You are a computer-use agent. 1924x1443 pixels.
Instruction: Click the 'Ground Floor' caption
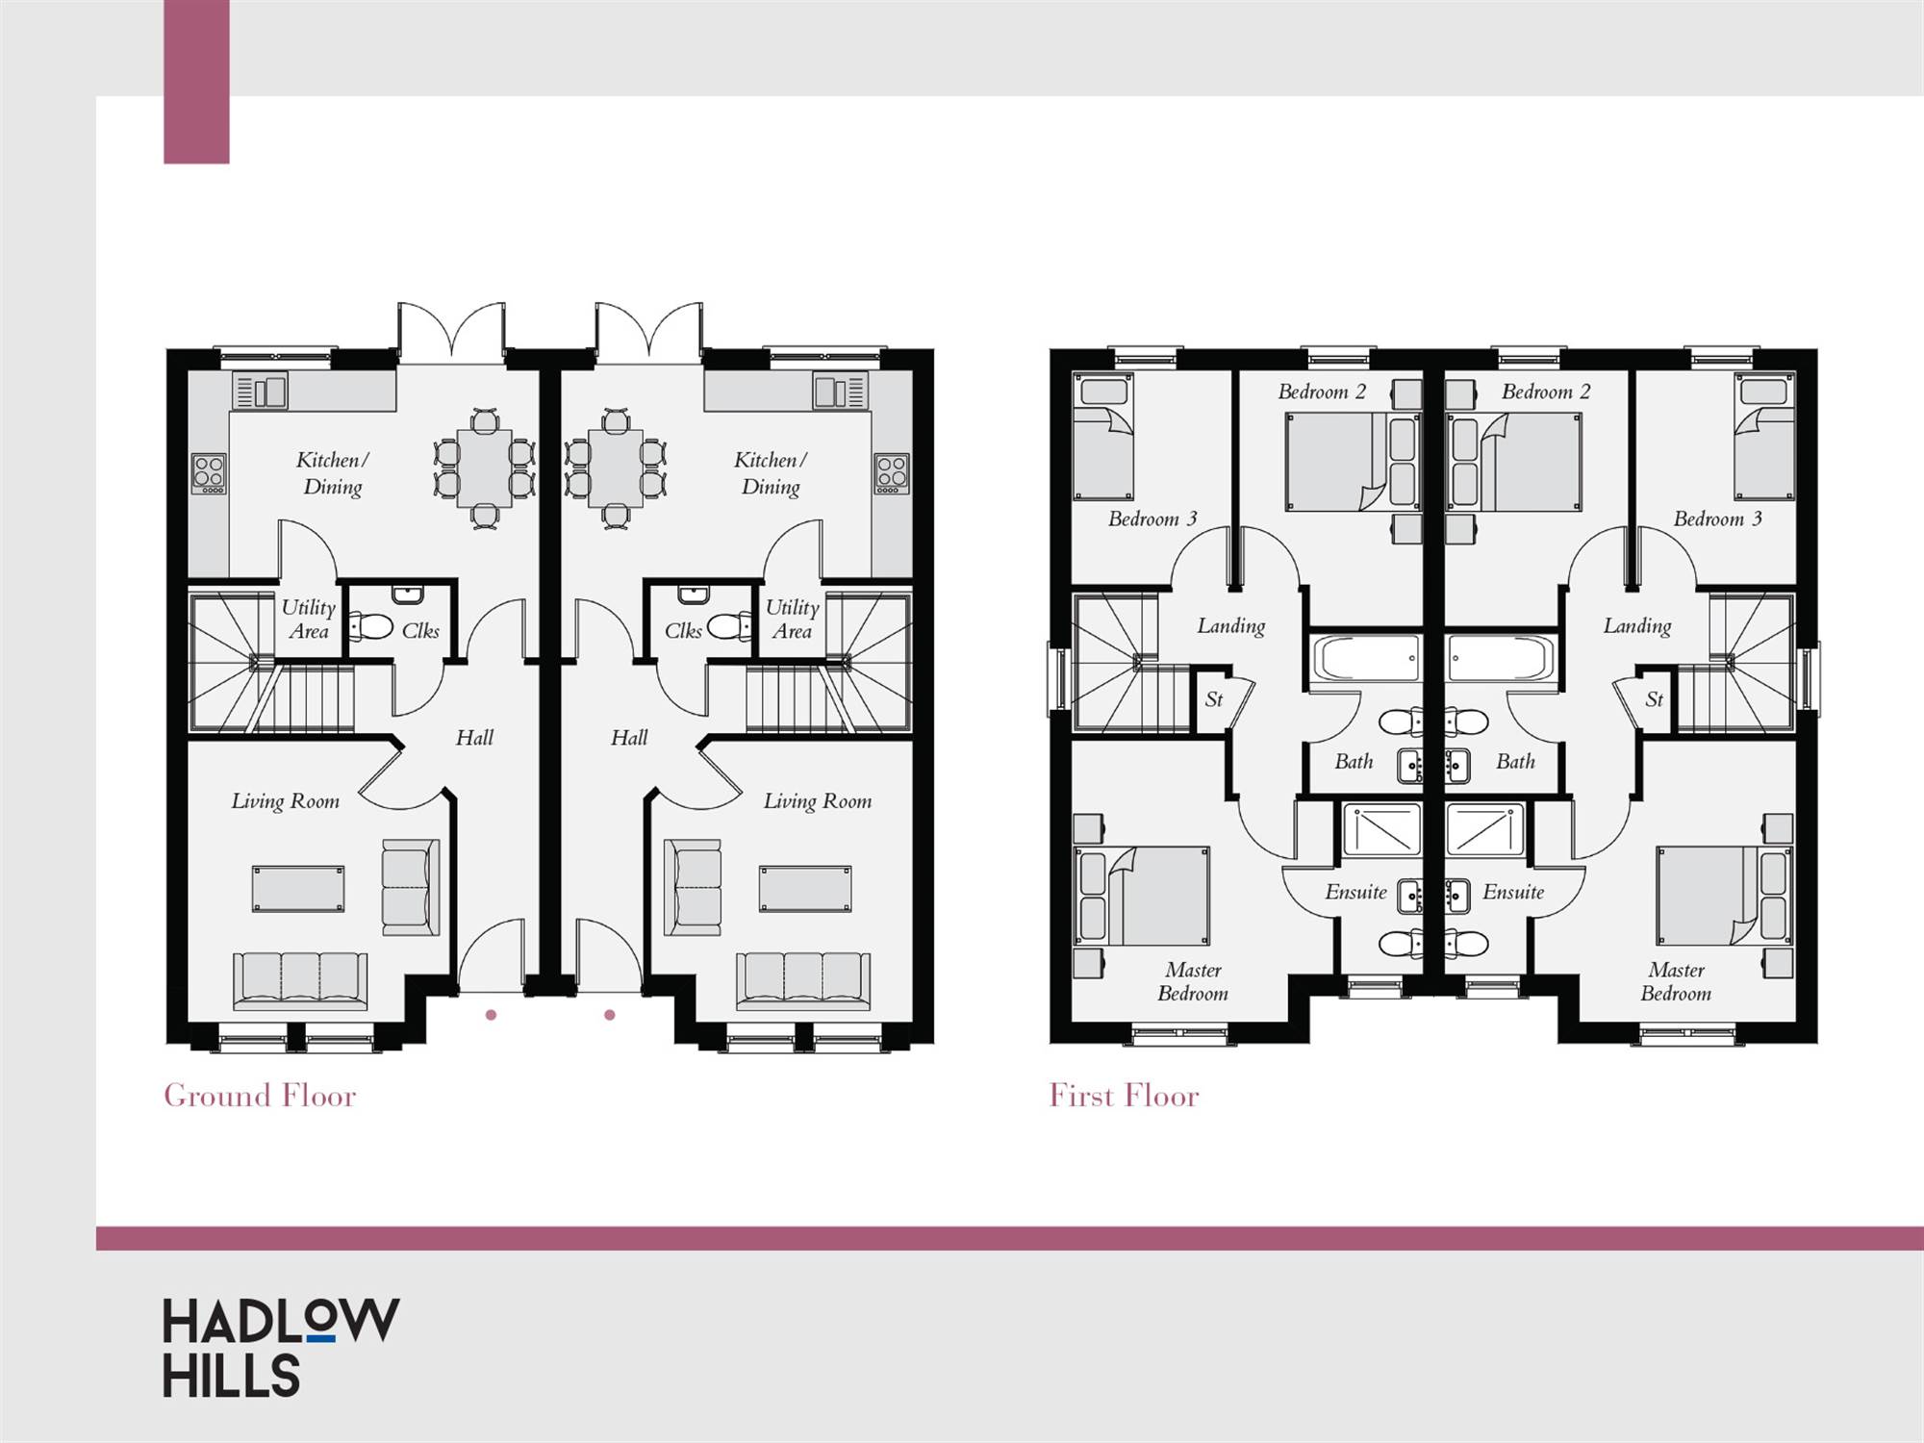[260, 1096]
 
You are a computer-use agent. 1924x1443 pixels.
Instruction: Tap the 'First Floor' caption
[1124, 1096]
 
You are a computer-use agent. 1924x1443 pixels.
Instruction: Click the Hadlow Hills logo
[280, 1348]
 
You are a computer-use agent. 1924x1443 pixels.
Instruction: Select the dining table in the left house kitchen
[484, 468]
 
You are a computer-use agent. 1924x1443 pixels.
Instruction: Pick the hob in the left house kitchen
[209, 473]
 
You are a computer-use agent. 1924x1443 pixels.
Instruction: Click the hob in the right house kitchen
[892, 473]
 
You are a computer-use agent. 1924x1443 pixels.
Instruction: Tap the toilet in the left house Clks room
[370, 627]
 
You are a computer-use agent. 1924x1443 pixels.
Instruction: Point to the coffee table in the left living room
[298, 888]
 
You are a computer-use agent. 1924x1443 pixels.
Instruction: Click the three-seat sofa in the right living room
[803, 980]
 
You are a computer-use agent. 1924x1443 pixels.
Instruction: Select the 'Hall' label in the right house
[629, 738]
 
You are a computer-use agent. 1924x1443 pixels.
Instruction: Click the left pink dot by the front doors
[491, 1015]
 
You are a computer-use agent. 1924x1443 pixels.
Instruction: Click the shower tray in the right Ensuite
[1484, 829]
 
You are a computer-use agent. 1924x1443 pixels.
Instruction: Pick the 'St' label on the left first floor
[1213, 699]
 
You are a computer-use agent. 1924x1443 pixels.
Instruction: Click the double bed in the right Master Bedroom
[1724, 896]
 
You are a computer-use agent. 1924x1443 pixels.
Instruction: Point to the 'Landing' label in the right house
[1637, 626]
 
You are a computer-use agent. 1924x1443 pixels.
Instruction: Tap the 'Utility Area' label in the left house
[309, 620]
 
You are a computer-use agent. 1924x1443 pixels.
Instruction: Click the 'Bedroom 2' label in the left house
[1322, 392]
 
